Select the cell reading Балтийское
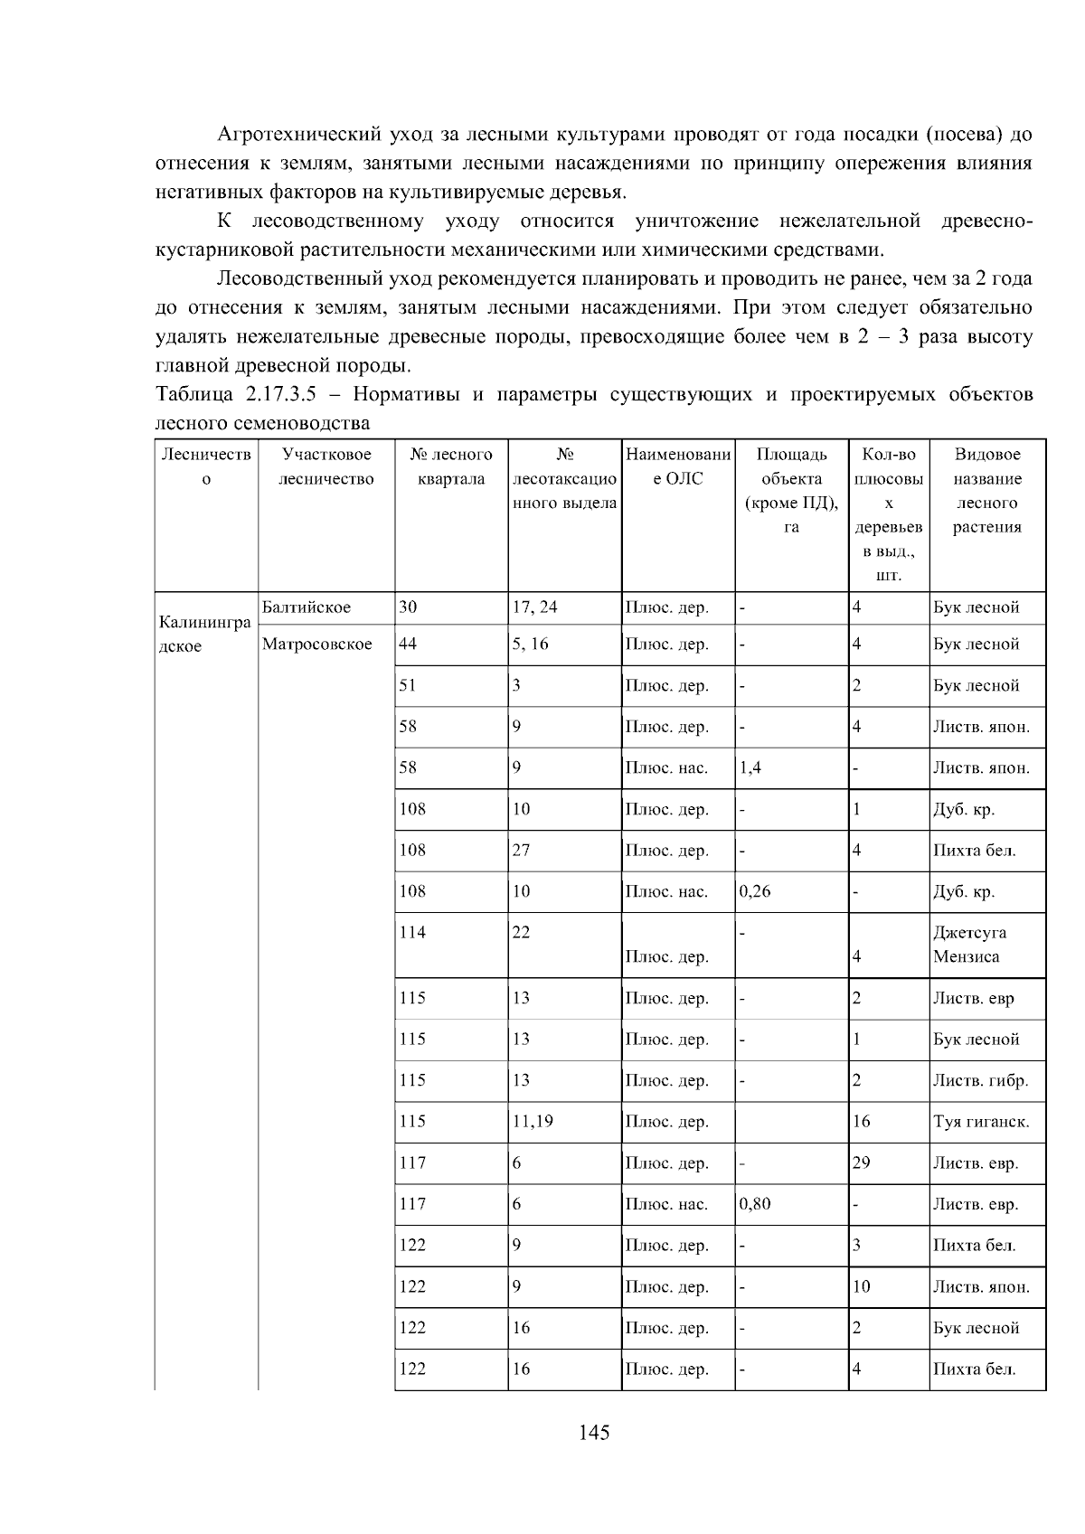[306, 607]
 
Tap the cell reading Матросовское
[316, 644]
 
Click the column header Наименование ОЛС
[677, 466]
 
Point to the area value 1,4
[750, 767]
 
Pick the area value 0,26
[755, 891]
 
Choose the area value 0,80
[755, 1204]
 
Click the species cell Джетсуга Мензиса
[969, 944]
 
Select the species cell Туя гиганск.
[981, 1122]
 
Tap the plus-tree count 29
[861, 1162]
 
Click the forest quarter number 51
[408, 685]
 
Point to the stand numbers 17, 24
[534, 607]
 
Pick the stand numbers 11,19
[533, 1122]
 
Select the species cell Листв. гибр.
[980, 1080]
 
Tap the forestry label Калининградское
[204, 634]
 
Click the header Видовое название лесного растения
[986, 491]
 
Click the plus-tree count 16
[861, 1122]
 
